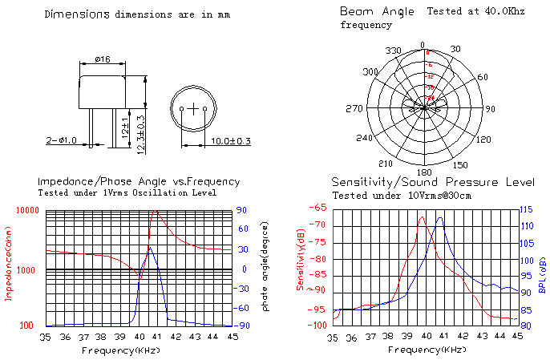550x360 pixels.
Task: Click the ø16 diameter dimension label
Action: click(103, 59)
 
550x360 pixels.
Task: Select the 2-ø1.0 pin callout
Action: click(62, 141)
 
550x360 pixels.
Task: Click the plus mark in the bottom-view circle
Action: click(193, 107)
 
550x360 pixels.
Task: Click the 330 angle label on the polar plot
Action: click(394, 51)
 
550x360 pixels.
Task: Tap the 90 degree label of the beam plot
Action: click(490, 109)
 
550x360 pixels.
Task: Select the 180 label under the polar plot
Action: click(424, 172)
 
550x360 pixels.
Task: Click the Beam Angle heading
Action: click(377, 11)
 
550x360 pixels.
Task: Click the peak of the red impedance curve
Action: click(155, 211)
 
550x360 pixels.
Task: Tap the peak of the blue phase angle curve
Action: click(151, 247)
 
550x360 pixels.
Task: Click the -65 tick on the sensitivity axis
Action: click(318, 208)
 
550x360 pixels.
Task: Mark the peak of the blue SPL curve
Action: click(439, 218)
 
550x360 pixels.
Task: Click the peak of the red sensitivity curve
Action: click(421, 216)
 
